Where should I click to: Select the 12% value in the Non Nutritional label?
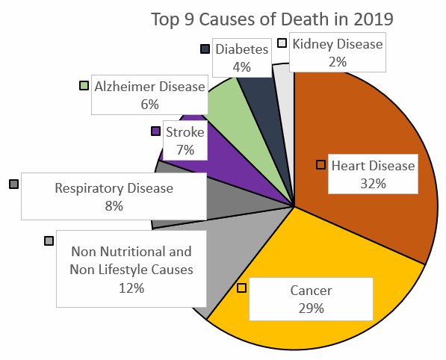point(131,288)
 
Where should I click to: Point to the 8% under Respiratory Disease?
point(114,206)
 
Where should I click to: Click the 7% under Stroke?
point(185,150)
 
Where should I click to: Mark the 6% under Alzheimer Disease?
point(149,104)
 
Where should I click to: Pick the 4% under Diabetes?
point(241,66)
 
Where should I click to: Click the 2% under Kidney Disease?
point(337,61)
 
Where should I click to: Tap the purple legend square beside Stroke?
point(155,131)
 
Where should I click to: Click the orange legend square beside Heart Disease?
point(321,164)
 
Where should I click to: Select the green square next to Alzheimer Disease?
point(84,86)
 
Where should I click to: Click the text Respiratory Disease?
point(114,188)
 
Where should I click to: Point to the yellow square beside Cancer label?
point(241,288)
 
